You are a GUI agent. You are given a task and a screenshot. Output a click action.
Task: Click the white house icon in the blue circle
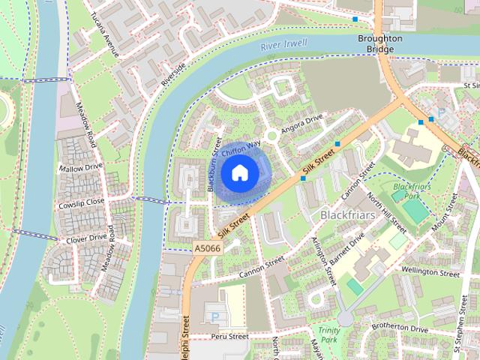click(x=238, y=173)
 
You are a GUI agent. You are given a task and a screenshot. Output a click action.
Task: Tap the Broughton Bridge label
click(x=381, y=44)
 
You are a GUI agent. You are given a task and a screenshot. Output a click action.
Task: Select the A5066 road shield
click(x=206, y=247)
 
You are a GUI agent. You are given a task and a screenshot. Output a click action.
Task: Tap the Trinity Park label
click(x=328, y=335)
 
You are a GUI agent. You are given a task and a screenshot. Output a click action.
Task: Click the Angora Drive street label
click(x=301, y=124)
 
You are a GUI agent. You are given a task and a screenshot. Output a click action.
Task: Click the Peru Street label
click(x=229, y=337)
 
